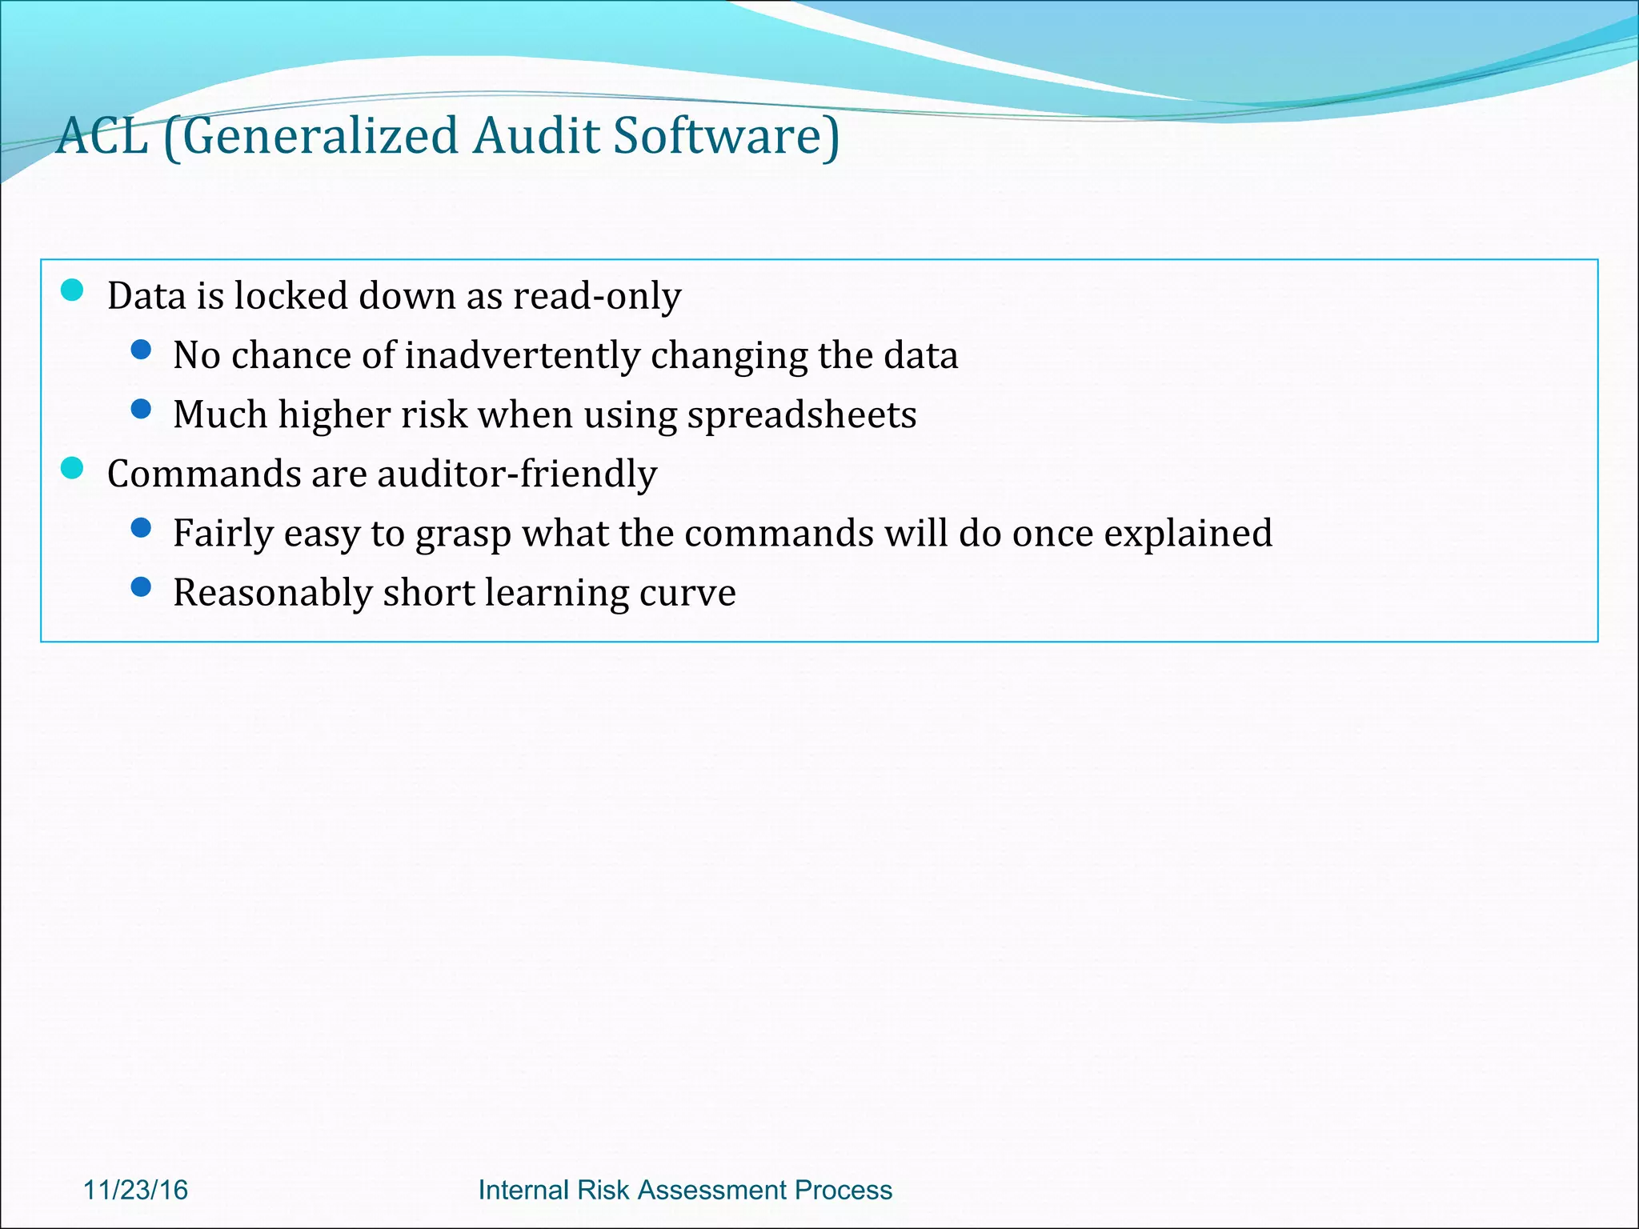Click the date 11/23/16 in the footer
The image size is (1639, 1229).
point(135,1190)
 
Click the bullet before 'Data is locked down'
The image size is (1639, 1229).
point(72,290)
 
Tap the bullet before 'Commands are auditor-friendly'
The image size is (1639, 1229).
point(72,468)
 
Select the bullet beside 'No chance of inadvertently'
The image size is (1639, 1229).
point(141,350)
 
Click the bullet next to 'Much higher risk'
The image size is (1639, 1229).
point(141,409)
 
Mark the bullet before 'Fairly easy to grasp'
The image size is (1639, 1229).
point(141,527)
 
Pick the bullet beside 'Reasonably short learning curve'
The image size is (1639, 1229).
point(141,587)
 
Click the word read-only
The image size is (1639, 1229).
point(597,296)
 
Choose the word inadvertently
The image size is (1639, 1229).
point(523,356)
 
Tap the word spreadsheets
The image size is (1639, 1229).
point(802,415)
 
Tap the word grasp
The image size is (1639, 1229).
point(463,534)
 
